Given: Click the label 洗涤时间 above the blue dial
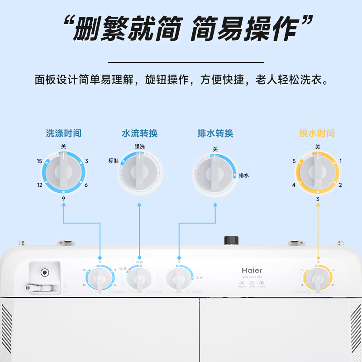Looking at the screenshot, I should [x=64, y=133].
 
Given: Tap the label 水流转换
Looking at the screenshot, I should [x=140, y=133].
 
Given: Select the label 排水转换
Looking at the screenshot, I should [x=215, y=133].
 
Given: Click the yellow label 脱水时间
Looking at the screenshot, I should [x=317, y=133].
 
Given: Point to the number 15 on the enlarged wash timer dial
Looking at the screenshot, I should [x=40, y=161].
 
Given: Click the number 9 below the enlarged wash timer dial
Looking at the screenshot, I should [x=64, y=198].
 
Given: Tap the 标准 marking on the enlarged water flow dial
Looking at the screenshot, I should [x=113, y=160].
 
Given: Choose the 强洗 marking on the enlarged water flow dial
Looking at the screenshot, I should [x=139, y=146].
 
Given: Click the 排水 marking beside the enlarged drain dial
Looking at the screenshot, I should [x=244, y=175].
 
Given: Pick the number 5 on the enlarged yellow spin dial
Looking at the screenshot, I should [x=294, y=161].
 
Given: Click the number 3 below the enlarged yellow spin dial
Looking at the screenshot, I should [x=318, y=199].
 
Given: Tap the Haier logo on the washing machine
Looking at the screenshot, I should [x=252, y=270].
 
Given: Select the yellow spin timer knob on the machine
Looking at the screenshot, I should [x=318, y=279].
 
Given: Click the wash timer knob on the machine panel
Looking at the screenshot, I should [x=100, y=279].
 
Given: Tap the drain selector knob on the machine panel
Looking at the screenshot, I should [x=180, y=279].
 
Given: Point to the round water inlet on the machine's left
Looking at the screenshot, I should [x=44, y=273].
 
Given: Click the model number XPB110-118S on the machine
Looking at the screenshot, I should [x=252, y=277].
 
